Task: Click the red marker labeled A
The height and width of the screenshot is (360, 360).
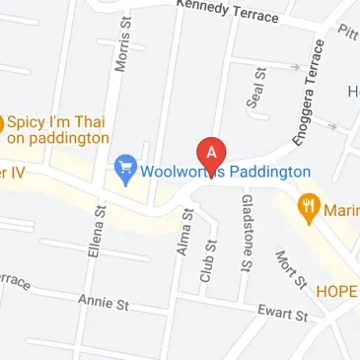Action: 211,153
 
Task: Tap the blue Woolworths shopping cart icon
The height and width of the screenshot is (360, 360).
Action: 125,171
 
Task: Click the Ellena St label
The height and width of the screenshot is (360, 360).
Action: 98,231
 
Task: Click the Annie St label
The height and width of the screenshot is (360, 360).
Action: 104,303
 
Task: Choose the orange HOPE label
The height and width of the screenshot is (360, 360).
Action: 336,292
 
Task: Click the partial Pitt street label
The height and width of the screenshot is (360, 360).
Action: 347,33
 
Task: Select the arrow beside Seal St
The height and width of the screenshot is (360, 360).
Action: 292,67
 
